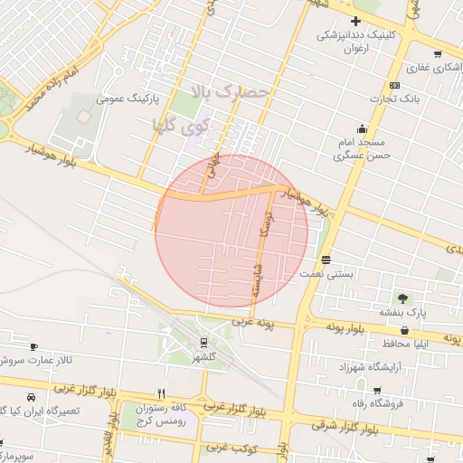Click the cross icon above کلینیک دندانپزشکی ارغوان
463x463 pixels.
tap(355, 22)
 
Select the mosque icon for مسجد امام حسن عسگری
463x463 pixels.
tap(362, 128)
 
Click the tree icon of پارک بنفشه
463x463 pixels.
tap(402, 298)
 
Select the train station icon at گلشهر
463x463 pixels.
tap(204, 342)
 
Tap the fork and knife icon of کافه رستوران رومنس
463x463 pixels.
tap(161, 393)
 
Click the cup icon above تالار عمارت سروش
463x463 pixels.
tap(33, 346)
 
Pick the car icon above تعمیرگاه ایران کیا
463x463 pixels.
tap(32, 397)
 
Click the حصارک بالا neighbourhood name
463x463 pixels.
tap(231, 91)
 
